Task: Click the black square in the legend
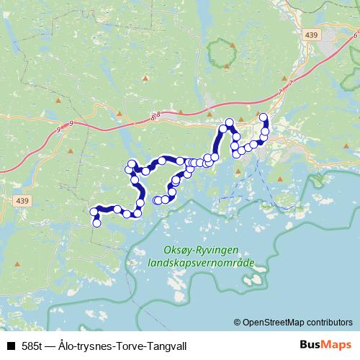pos(10,346)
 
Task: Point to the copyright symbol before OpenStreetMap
pos(238,322)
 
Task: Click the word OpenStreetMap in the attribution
pos(276,322)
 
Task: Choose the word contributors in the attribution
pos(332,322)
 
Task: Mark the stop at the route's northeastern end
pos(264,117)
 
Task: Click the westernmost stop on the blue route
pos(93,212)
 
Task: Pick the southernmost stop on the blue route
pos(96,224)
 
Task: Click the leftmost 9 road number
pos(57,130)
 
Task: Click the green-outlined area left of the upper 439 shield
pos(221,53)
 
